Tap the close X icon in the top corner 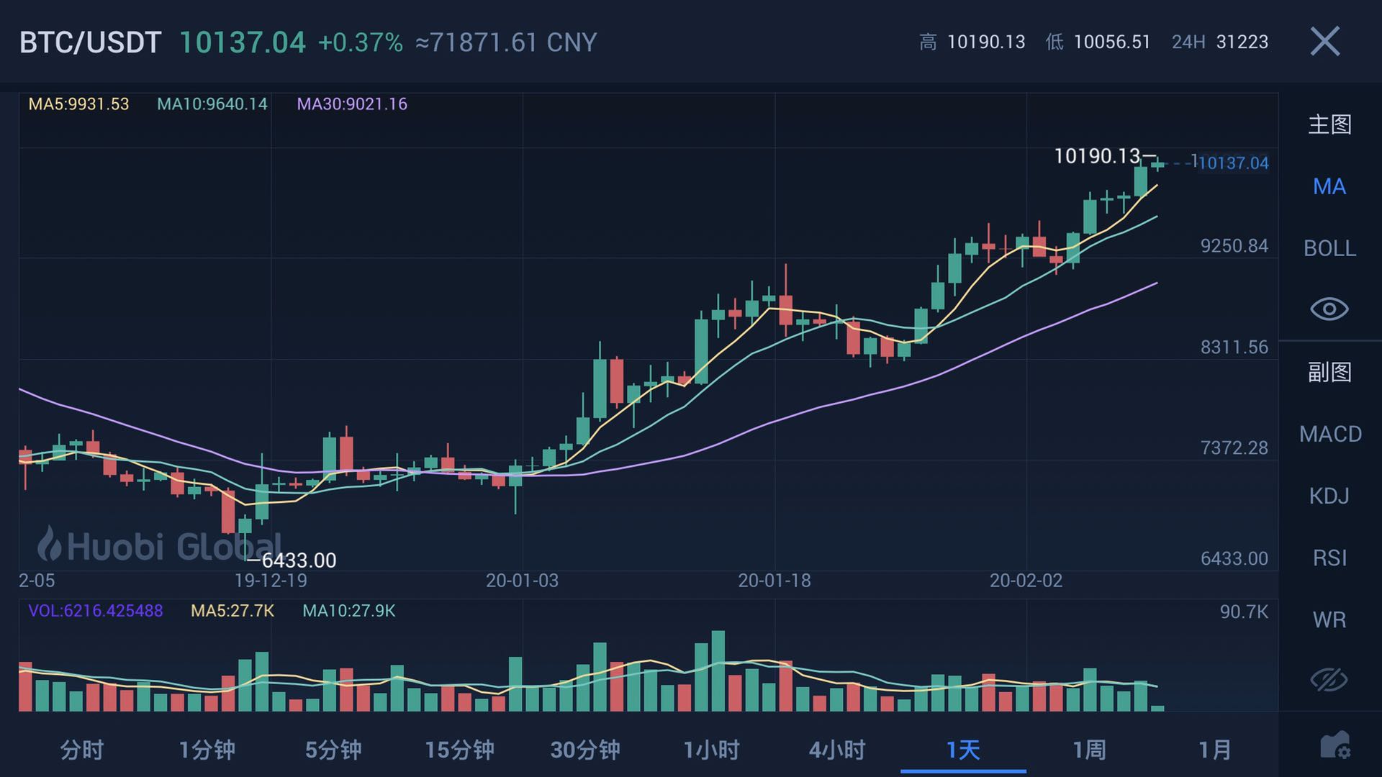(x=1324, y=41)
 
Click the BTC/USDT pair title (x=90, y=42)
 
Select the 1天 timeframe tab (x=963, y=750)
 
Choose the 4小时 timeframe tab (x=837, y=750)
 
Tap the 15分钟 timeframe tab (x=459, y=750)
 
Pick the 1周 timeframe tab (x=1089, y=750)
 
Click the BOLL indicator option (x=1329, y=248)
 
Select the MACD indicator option (x=1330, y=434)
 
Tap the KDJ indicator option (x=1329, y=496)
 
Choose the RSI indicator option (x=1329, y=558)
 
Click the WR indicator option (x=1329, y=619)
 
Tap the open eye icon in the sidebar (x=1329, y=309)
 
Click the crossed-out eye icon (x=1329, y=680)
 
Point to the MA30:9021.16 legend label (x=352, y=104)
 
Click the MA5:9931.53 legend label (x=78, y=104)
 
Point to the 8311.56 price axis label (x=1234, y=347)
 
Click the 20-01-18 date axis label (x=774, y=581)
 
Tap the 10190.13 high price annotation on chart (x=1097, y=156)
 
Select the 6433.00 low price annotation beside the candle (x=298, y=560)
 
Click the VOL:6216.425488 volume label (x=95, y=611)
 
